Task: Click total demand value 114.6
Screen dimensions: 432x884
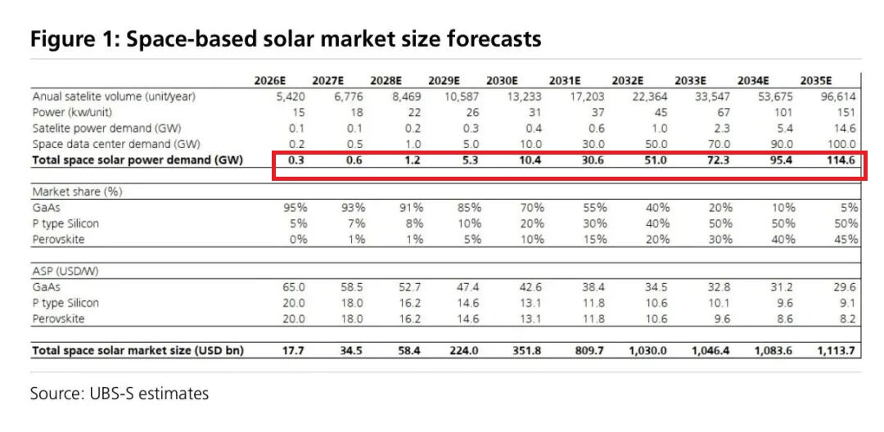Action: (841, 160)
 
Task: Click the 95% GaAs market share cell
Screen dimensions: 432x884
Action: (295, 208)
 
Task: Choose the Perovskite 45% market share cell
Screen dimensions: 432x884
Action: (846, 239)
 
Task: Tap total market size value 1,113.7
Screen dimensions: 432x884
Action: (834, 351)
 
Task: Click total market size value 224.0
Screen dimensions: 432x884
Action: (463, 351)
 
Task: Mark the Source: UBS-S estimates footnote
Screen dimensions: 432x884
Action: (120, 394)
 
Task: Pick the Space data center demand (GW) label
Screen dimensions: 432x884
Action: (107, 143)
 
